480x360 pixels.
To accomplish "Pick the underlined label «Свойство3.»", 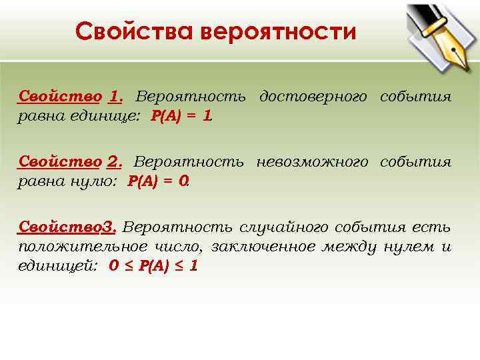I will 68,227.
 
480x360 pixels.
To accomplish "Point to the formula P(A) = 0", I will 158,181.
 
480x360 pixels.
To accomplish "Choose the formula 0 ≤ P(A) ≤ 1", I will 153,266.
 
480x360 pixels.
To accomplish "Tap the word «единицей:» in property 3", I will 58,266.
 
